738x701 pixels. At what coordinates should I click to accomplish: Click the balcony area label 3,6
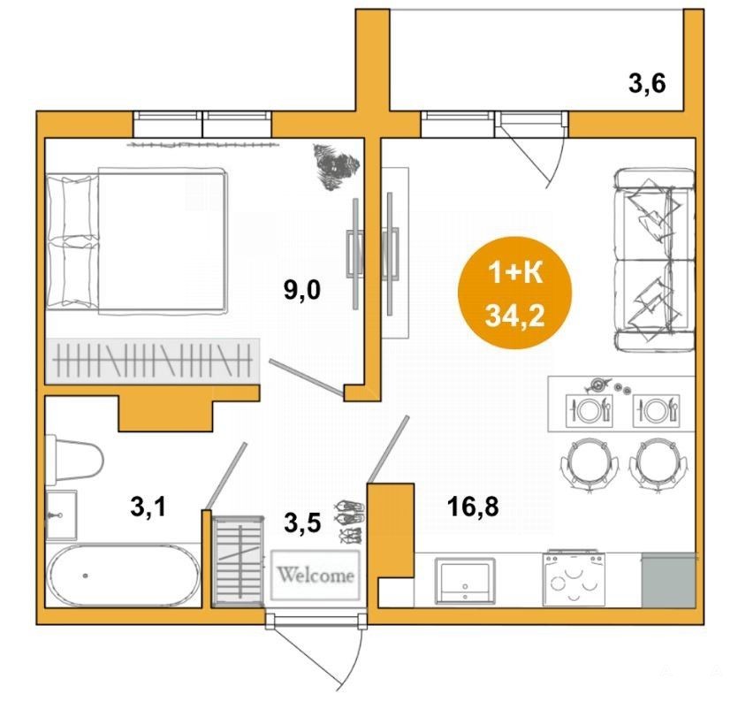[647, 85]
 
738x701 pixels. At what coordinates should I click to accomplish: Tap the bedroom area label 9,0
[301, 290]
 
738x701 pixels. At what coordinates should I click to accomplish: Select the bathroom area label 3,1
[148, 507]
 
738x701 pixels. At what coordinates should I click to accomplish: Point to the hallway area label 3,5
[302, 522]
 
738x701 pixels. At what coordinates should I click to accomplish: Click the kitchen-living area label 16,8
[473, 507]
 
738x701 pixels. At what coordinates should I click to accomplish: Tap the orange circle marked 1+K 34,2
[515, 293]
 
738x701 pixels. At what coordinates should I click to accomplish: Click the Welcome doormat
[316, 575]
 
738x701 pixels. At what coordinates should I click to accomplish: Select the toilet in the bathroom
[74, 460]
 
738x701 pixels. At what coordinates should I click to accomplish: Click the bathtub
[125, 575]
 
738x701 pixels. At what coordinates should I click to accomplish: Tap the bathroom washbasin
[61, 515]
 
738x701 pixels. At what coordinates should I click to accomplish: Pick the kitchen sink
[465, 581]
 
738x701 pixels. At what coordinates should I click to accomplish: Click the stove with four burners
[574, 578]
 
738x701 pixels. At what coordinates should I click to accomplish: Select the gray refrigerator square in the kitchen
[668, 580]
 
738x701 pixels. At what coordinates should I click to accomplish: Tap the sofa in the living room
[654, 261]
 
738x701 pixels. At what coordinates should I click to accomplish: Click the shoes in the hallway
[349, 522]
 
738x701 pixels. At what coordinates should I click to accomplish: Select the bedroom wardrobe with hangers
[153, 361]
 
